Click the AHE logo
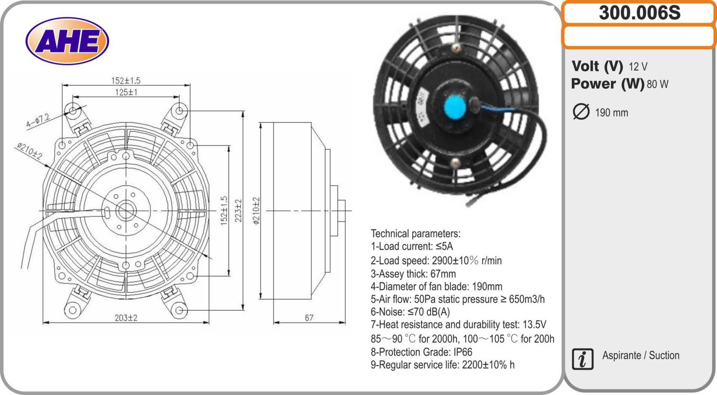67,41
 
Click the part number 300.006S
639,13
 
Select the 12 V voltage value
638,67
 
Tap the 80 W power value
657,84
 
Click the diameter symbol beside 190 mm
581,112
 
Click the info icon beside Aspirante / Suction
583,359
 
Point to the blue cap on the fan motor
455,107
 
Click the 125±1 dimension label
126,92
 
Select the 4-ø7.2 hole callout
38,121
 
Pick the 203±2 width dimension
126,318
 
